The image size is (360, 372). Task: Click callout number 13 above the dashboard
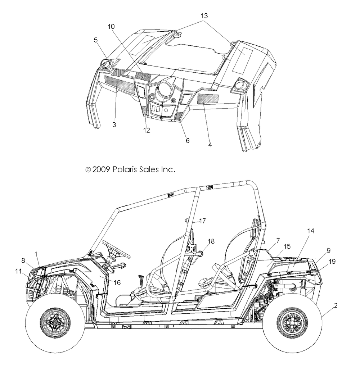tap(204, 16)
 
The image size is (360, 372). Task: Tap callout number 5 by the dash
tap(96, 40)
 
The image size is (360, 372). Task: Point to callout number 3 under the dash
tap(114, 124)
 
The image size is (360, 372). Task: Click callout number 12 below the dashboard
tap(147, 131)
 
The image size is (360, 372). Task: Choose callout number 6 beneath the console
tap(188, 140)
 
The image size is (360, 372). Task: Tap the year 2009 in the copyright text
tap(102, 169)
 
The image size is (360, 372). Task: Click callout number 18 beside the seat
tap(211, 241)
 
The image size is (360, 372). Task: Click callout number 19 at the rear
tap(332, 262)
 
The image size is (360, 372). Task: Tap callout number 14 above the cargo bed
tap(310, 231)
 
